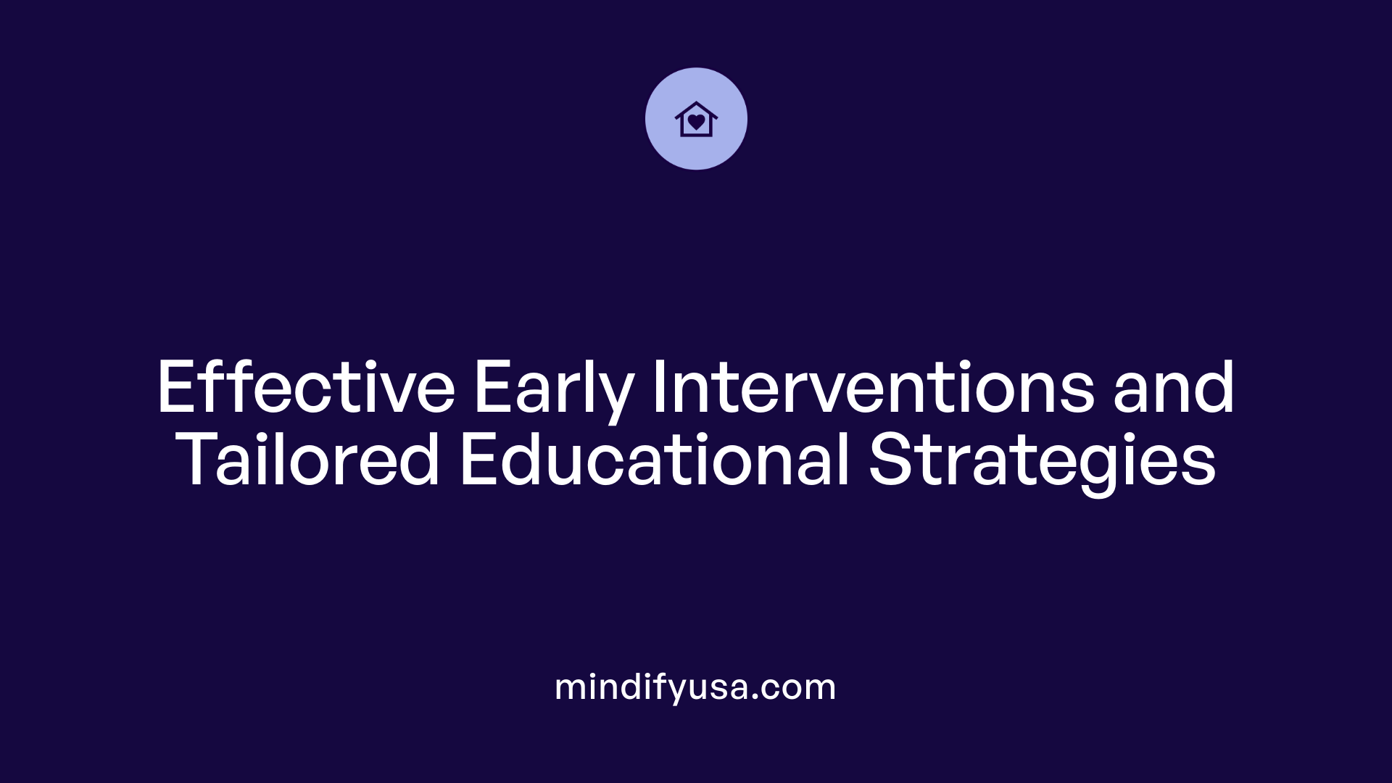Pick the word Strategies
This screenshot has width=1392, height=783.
(x=1042, y=462)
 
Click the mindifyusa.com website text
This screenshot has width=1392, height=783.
(x=695, y=687)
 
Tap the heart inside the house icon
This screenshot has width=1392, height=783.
(x=696, y=122)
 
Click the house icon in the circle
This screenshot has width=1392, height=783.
(x=696, y=119)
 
